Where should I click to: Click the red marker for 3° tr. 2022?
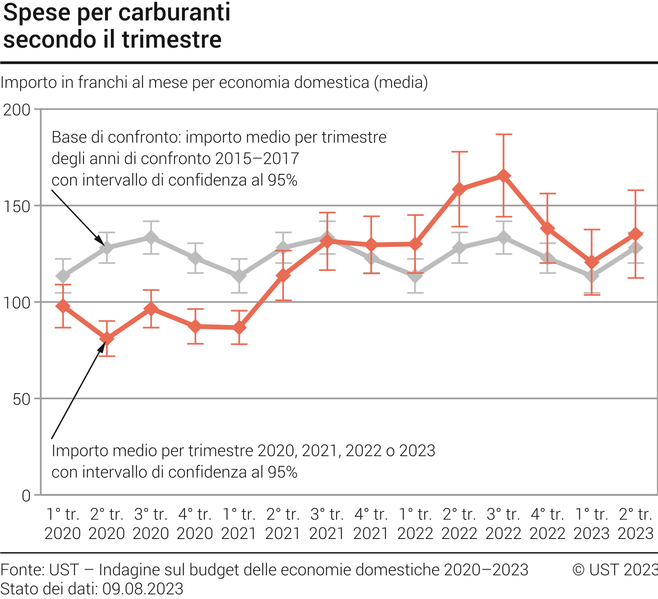[503, 176]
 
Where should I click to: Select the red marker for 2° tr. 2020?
[107, 339]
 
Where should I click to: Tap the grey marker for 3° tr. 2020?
[151, 238]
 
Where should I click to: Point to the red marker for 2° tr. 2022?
[459, 189]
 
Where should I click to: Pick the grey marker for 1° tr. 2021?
[239, 276]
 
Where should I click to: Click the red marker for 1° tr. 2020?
[63, 306]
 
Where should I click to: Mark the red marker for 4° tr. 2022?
[548, 229]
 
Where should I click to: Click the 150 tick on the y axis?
[17, 206]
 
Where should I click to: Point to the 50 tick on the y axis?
[22, 399]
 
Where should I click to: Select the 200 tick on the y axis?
[17, 110]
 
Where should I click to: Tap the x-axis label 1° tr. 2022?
[415, 524]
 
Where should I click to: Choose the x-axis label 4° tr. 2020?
[195, 524]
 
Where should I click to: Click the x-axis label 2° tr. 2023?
[636, 524]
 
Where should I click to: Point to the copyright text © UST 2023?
[615, 570]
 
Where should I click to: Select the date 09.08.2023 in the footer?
[143, 589]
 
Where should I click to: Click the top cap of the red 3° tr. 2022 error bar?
[503, 135]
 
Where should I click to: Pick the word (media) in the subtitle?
[401, 82]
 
